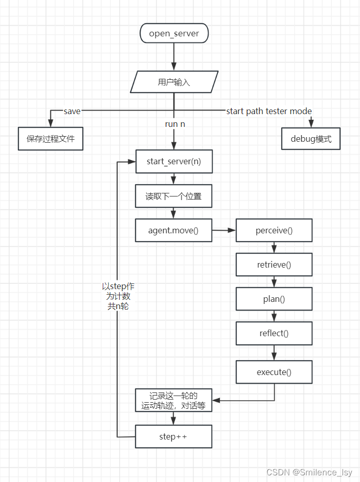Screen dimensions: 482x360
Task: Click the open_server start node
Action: click(174, 34)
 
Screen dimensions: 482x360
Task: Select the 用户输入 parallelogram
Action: click(174, 82)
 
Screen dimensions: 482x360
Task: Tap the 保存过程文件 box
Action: click(50, 139)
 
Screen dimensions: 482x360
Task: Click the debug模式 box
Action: click(311, 139)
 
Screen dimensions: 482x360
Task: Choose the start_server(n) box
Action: click(173, 162)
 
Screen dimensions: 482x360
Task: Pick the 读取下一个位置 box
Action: click(173, 196)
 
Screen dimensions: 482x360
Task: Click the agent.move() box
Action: click(173, 231)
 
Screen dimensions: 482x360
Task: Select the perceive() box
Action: click(274, 230)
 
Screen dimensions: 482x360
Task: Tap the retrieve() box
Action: click(274, 265)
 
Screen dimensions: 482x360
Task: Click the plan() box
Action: click(274, 299)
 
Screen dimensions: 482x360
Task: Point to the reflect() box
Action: click(274, 334)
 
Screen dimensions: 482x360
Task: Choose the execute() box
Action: click(274, 372)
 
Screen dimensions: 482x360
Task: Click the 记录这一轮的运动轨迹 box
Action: click(173, 401)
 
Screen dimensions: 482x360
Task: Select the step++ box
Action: click(173, 436)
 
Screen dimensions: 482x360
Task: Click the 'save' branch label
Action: click(72, 111)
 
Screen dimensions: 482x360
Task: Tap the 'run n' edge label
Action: click(175, 124)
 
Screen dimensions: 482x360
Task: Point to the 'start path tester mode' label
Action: click(269, 111)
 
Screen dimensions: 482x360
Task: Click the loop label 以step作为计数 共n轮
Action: click(118, 296)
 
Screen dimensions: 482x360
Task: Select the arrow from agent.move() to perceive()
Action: click(224, 231)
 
